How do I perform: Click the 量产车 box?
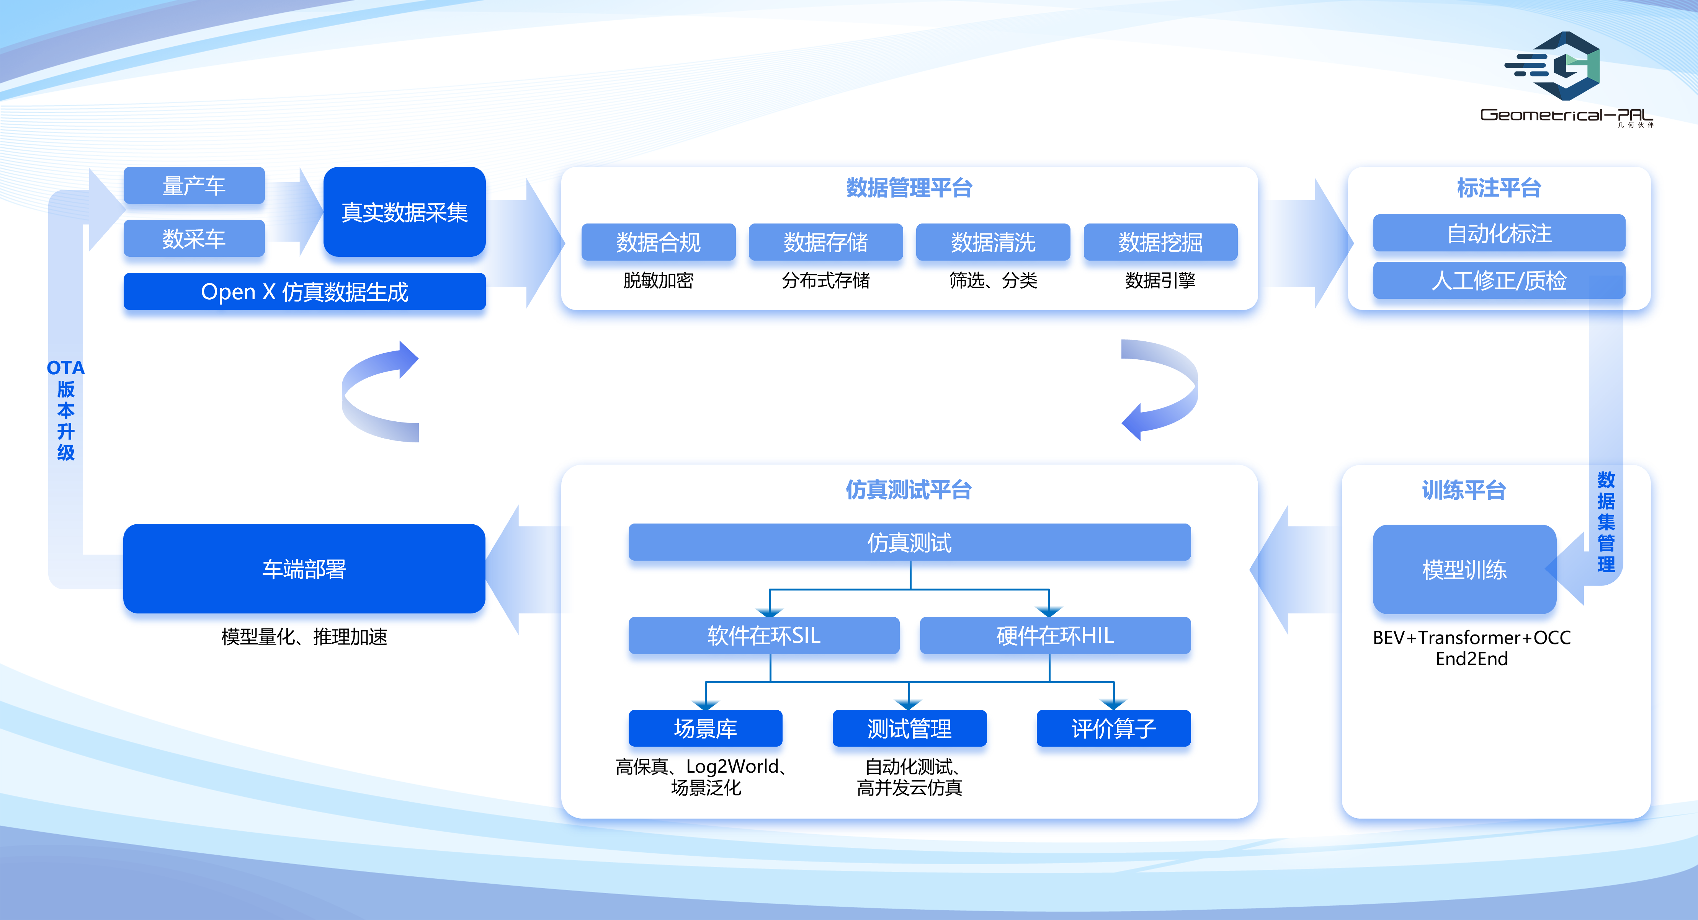click(x=194, y=186)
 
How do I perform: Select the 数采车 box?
click(x=194, y=238)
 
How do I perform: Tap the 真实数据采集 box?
click(x=404, y=212)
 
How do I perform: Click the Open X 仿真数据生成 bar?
click(x=304, y=291)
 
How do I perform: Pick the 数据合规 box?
click(x=658, y=242)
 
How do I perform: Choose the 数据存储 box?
click(x=825, y=242)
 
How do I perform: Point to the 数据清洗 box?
click(x=993, y=242)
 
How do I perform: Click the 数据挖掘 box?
click(x=1160, y=242)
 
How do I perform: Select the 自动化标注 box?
click(x=1499, y=233)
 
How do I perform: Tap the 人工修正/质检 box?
click(x=1499, y=280)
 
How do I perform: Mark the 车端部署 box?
click(x=304, y=568)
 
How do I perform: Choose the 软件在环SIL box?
click(x=763, y=635)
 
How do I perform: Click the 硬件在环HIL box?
click(x=1055, y=635)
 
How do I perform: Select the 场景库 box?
click(x=705, y=728)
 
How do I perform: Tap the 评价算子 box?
click(x=1113, y=728)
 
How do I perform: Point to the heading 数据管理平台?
click(x=909, y=188)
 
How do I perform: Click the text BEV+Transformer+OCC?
click(x=1471, y=637)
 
